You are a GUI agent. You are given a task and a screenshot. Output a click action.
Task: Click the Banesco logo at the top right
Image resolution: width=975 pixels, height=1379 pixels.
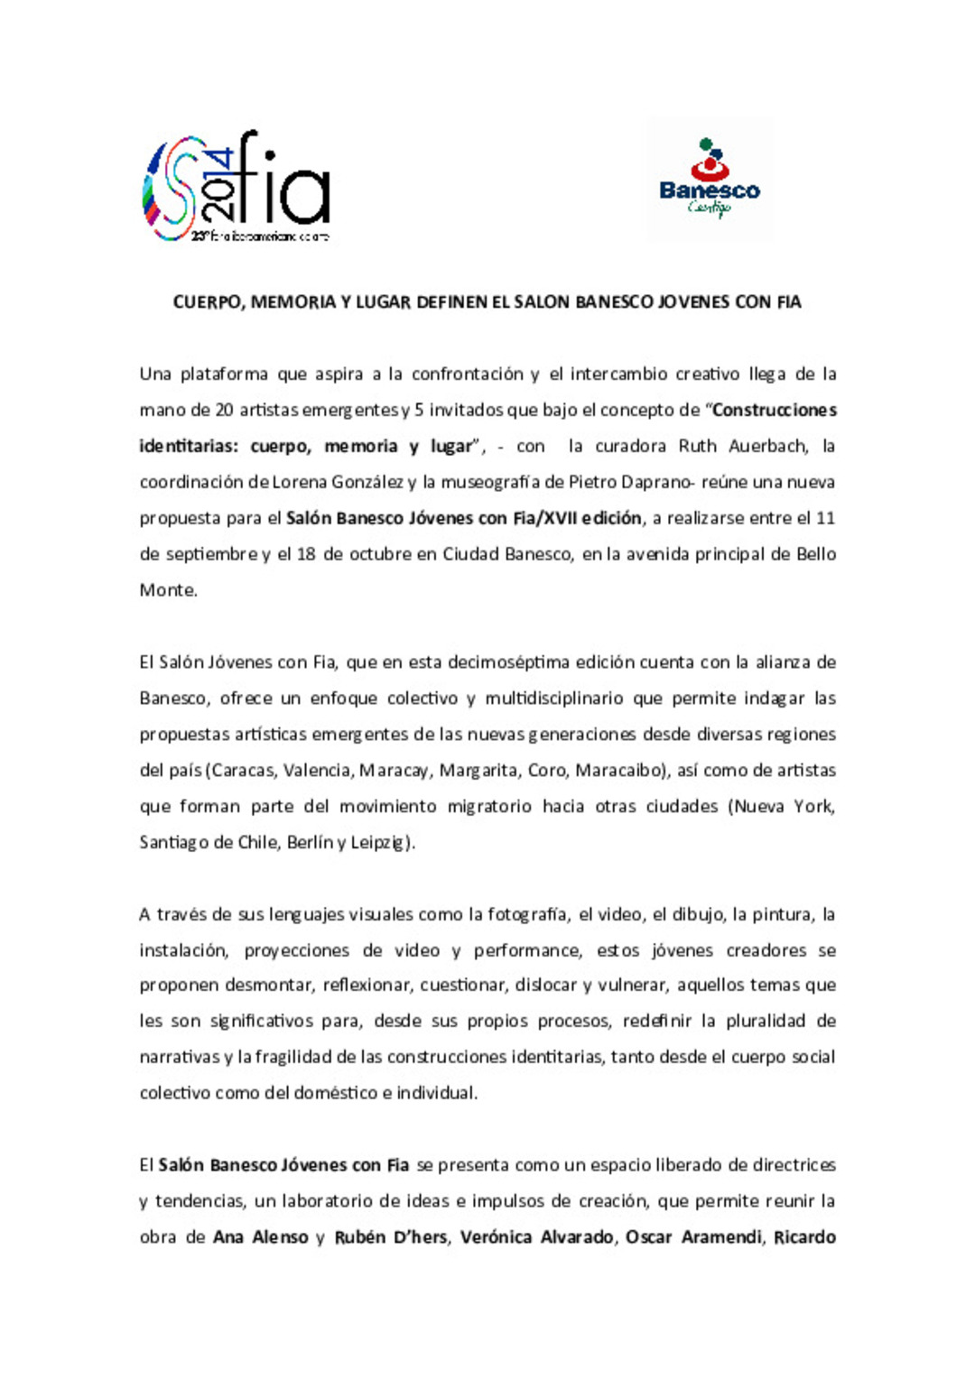pos(710,178)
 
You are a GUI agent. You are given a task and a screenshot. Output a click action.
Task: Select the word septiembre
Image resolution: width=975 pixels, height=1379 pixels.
pos(211,554)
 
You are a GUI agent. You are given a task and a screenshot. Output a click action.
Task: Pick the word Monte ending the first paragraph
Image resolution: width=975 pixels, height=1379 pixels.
pos(167,590)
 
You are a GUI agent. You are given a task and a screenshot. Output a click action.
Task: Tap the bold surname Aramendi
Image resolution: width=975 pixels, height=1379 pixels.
pos(721,1237)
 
